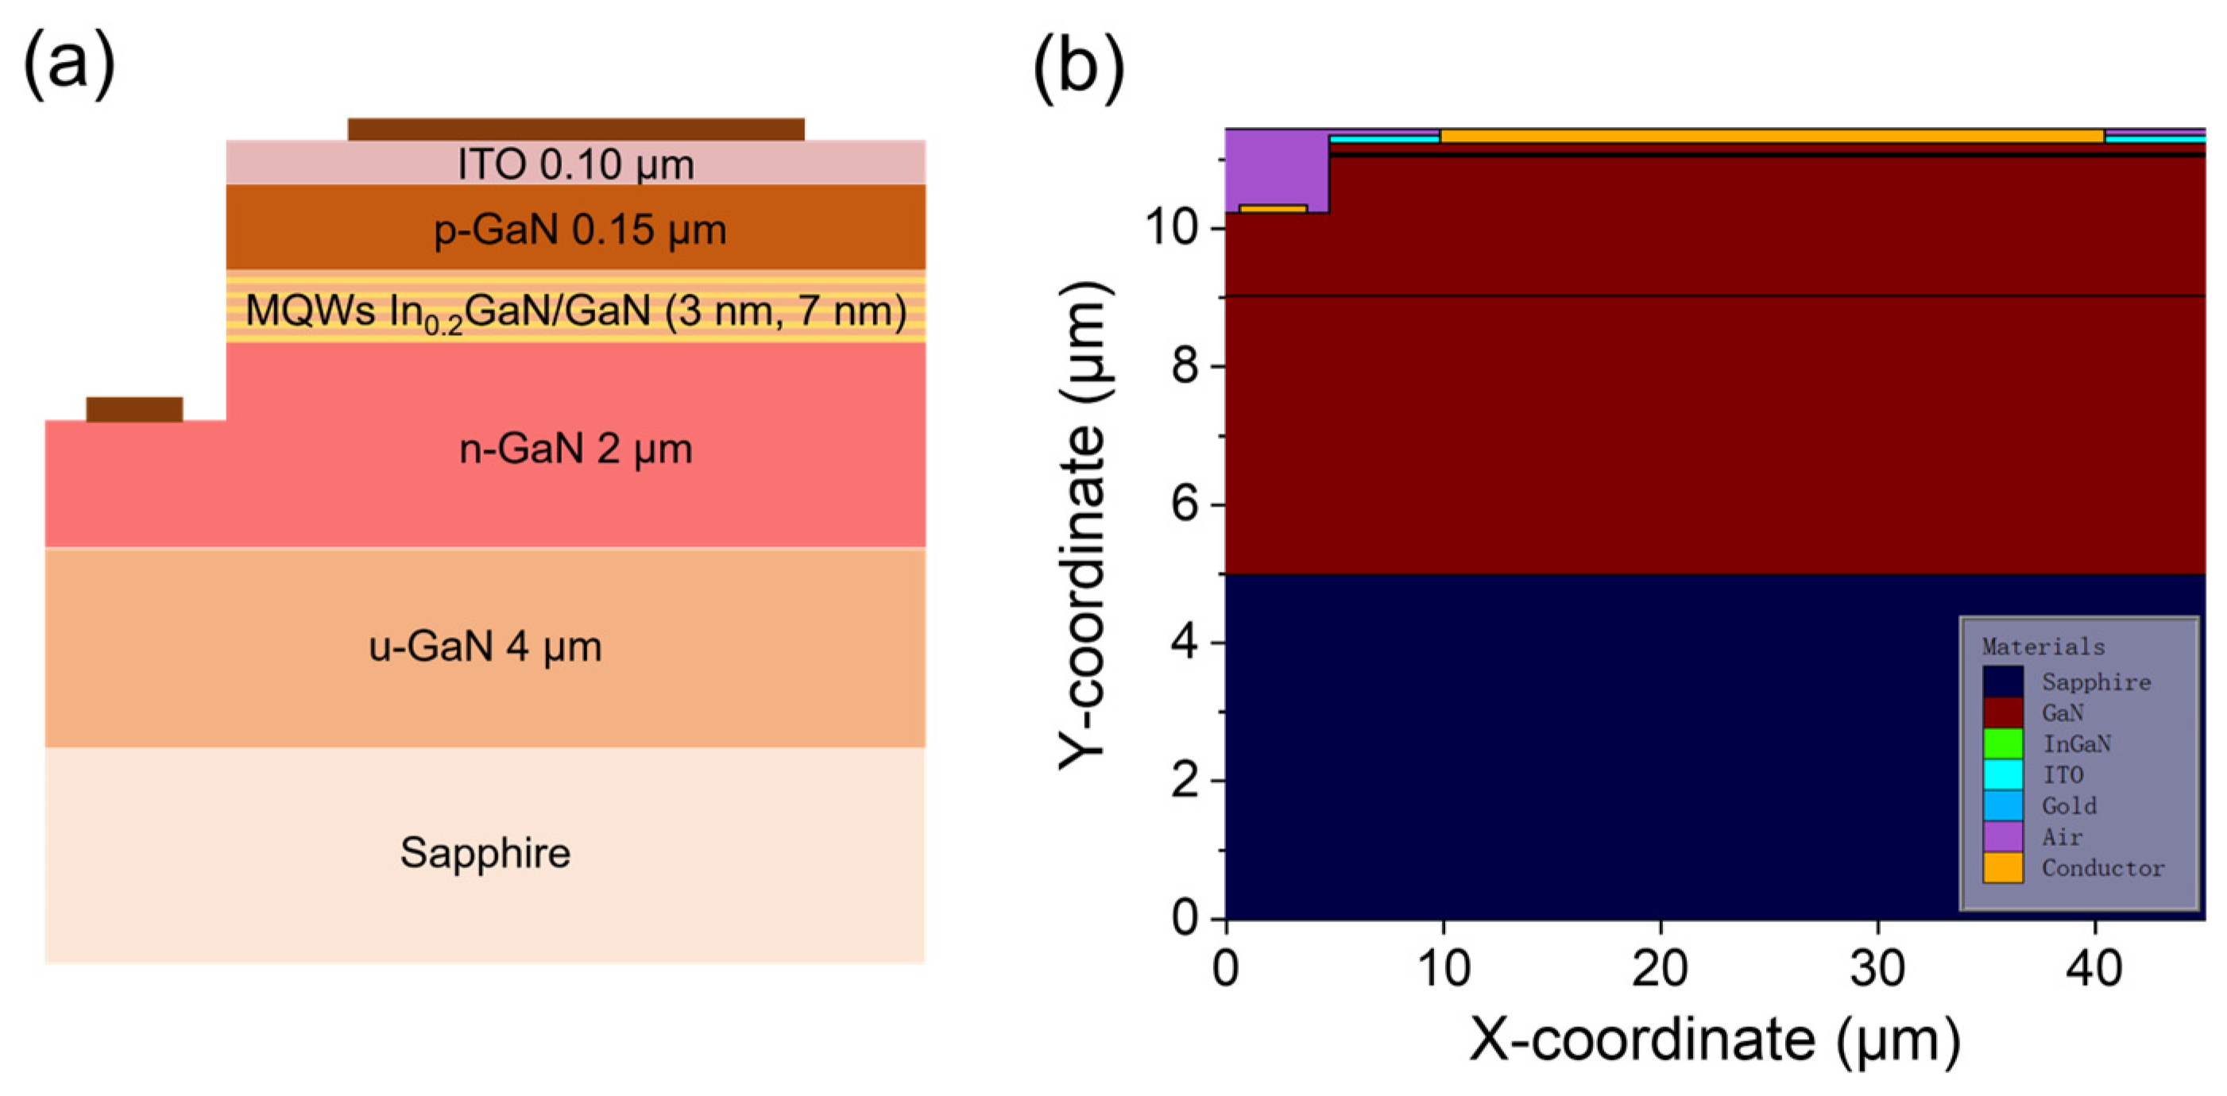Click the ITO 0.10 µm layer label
(576, 164)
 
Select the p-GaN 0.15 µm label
(579, 230)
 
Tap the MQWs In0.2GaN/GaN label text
(576, 311)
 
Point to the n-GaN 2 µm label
(576, 450)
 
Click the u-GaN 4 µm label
(485, 646)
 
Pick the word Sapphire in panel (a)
(485, 853)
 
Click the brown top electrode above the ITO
(576, 129)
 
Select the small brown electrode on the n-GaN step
(134, 409)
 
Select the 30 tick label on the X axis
(1877, 968)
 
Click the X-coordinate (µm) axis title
(1715, 1039)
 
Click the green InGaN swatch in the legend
(2002, 743)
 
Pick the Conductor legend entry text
(2102, 868)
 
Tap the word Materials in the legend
(2043, 646)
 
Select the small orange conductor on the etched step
(1273, 208)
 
